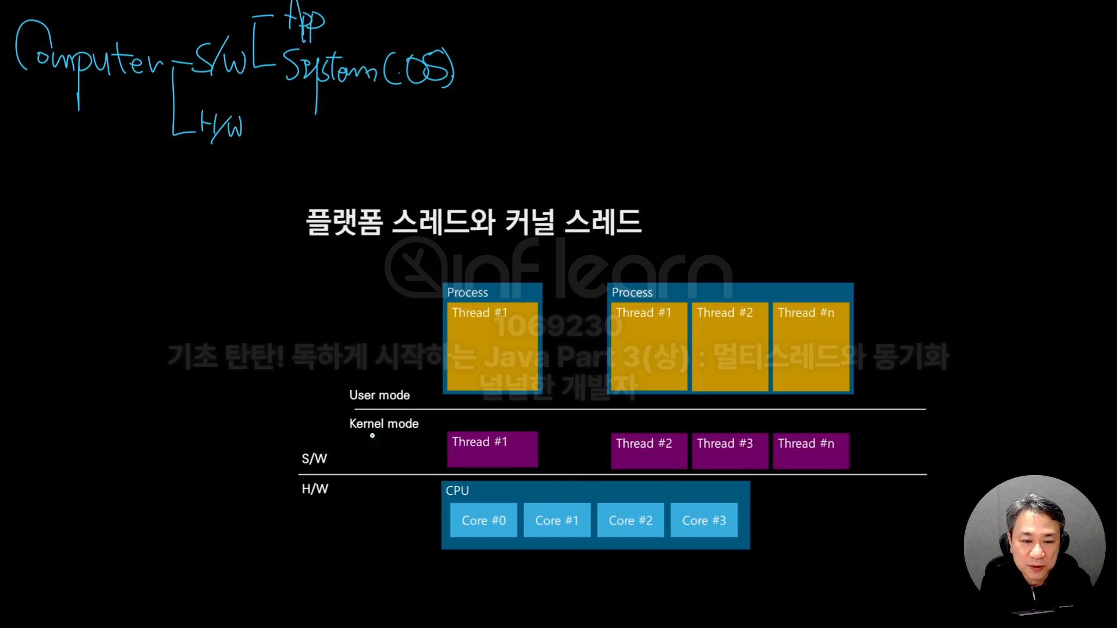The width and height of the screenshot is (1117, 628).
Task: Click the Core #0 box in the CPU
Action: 483,520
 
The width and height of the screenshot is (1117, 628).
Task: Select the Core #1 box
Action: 557,520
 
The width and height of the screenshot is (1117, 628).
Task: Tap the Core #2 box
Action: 631,520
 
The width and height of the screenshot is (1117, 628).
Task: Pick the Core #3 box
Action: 704,520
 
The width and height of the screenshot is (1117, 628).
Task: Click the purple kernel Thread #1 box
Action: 492,449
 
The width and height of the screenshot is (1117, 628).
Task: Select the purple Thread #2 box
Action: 649,451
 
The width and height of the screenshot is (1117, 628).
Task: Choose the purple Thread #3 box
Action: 730,451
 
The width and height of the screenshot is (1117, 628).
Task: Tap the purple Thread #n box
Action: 811,451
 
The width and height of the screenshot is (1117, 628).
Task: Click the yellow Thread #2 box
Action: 730,347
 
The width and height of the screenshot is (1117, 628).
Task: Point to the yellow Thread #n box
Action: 811,347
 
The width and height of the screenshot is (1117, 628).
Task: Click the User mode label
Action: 379,395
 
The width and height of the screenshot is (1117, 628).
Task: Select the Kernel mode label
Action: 384,424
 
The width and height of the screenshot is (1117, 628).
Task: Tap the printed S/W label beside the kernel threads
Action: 314,459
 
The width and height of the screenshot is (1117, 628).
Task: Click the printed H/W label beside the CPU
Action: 315,489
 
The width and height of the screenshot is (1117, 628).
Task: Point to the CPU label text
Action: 457,491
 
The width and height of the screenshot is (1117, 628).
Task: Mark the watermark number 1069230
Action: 558,326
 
